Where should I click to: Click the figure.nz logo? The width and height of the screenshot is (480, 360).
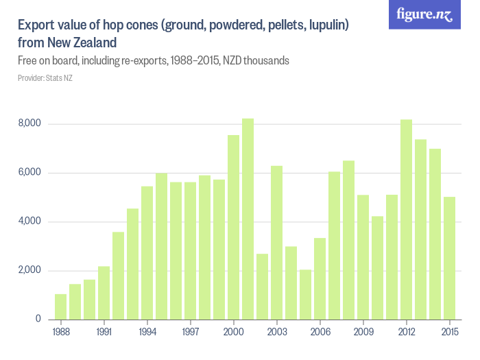point(424,14)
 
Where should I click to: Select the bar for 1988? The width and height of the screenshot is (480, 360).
point(61,307)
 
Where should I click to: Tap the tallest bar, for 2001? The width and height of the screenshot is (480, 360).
point(248,219)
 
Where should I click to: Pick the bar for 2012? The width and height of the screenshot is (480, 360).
point(406,219)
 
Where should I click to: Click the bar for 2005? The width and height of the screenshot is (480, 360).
point(305,294)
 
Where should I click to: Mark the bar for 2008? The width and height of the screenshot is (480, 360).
point(348,240)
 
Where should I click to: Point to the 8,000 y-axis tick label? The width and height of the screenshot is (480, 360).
point(30,123)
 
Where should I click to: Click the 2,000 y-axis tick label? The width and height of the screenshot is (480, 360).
point(30,270)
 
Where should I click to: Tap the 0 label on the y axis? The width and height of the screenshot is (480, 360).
point(38,319)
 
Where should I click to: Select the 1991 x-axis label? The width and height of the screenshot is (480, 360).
point(104,332)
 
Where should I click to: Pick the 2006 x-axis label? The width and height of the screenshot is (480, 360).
point(320,332)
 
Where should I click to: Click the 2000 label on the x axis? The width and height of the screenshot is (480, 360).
point(233,332)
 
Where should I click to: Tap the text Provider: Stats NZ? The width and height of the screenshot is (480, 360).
point(45,78)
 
